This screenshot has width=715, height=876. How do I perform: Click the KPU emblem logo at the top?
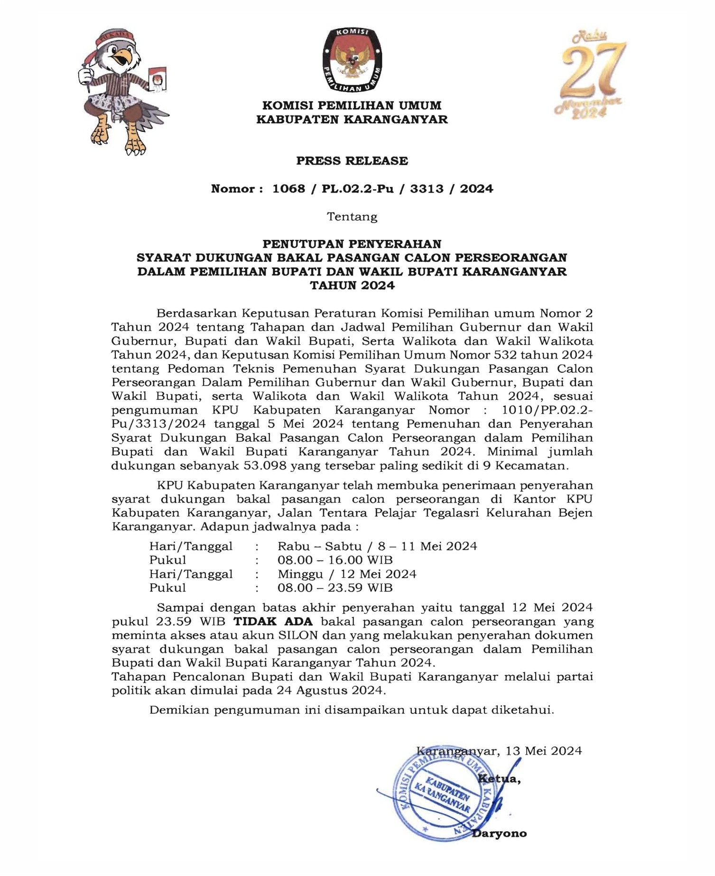coord(352,60)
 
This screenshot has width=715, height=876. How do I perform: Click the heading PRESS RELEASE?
coord(352,161)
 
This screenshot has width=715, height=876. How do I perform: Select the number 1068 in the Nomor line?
coord(288,189)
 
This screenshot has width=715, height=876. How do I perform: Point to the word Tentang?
coord(352,217)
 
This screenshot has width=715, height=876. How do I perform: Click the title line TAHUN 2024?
coord(352,286)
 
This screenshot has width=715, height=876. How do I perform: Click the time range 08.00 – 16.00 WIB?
coord(335,560)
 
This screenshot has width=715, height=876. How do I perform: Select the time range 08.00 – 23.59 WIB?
coord(335,588)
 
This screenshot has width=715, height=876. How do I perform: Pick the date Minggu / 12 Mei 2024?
coord(347,574)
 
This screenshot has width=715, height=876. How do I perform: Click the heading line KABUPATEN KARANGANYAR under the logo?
coord(352,120)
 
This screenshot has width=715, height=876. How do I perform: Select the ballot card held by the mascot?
coord(157,78)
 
